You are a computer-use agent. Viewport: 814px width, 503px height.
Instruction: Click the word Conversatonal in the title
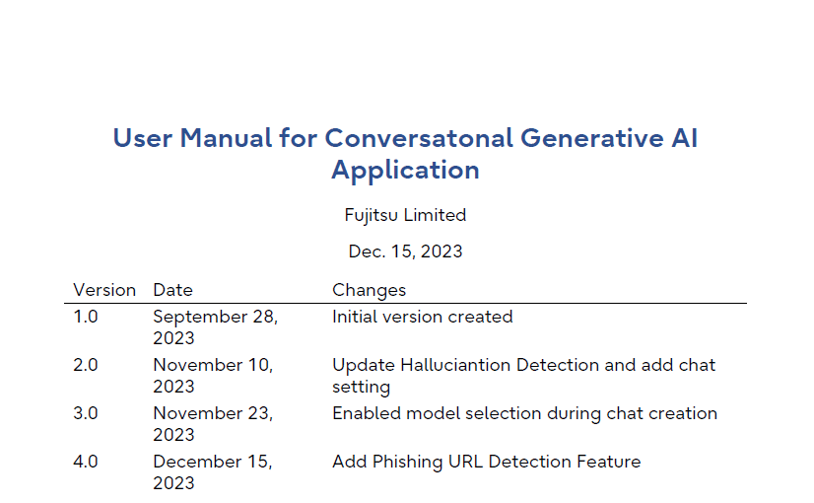click(419, 138)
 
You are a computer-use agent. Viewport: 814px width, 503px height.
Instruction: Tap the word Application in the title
click(405, 171)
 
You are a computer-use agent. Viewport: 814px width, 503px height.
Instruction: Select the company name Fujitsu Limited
click(405, 216)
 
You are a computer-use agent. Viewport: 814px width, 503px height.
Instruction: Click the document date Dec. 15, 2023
click(405, 251)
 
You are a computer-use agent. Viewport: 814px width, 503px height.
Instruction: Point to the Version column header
click(104, 290)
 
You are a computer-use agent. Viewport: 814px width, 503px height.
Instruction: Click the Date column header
click(172, 290)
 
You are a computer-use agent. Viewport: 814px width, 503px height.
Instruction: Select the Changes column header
click(370, 291)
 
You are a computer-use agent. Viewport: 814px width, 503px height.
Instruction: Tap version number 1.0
click(86, 317)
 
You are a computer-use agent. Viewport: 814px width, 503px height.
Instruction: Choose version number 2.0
click(86, 365)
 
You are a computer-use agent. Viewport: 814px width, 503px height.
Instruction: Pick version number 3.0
click(86, 413)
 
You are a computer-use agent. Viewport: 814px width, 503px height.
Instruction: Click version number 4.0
click(86, 462)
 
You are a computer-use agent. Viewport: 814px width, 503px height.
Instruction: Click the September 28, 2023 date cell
click(216, 327)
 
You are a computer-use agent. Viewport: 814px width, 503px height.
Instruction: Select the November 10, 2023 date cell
click(213, 376)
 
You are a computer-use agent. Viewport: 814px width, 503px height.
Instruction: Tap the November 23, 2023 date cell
click(213, 424)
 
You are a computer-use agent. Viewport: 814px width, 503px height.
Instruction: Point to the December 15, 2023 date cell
click(213, 472)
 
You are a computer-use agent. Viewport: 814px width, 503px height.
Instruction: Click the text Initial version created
click(423, 317)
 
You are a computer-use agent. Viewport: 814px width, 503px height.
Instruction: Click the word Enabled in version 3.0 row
click(367, 413)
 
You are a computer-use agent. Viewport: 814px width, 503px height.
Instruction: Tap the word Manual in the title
click(226, 138)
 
